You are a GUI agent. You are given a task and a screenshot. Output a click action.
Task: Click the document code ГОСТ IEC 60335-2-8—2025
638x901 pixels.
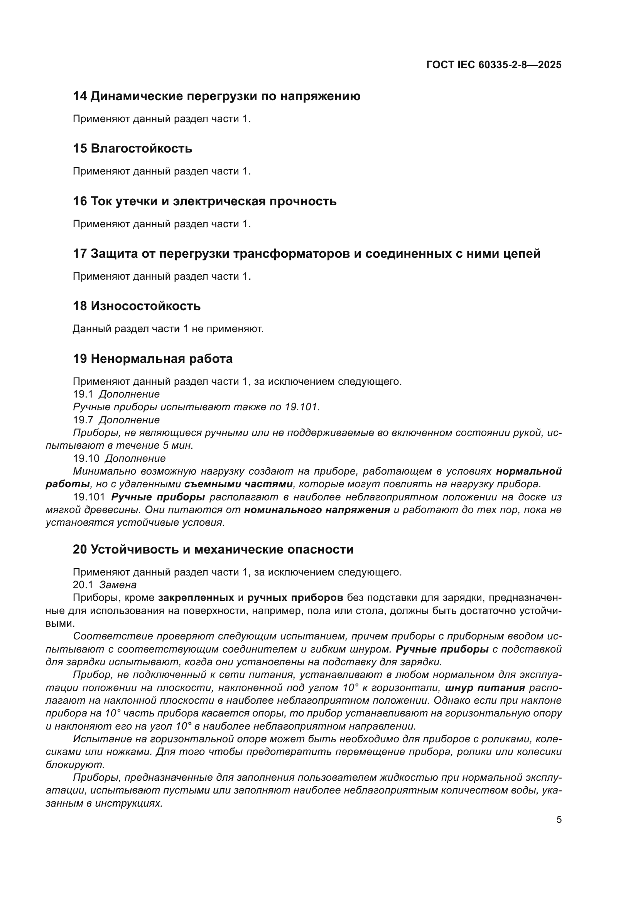pyautogui.click(x=494, y=65)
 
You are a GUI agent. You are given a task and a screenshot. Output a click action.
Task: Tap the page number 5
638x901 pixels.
pyautogui.click(x=559, y=820)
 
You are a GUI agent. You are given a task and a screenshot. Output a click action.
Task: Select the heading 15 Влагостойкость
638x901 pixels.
pyautogui.click(x=132, y=149)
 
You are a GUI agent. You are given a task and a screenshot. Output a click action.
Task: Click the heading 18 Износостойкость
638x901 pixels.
pyautogui.click(x=137, y=306)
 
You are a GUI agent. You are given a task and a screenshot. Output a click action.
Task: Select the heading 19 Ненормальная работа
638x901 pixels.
pyautogui.click(x=152, y=359)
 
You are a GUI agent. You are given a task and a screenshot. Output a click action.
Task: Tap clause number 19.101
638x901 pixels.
pyautogui.click(x=89, y=497)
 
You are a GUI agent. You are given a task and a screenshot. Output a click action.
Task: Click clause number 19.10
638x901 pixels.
pyautogui.click(x=86, y=458)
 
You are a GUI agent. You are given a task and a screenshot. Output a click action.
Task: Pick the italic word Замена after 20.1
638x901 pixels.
pyautogui.click(x=118, y=585)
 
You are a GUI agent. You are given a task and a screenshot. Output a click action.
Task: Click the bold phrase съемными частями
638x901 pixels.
pyautogui.click(x=238, y=484)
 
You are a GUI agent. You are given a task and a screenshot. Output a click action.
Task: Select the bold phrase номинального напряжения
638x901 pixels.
pyautogui.click(x=317, y=510)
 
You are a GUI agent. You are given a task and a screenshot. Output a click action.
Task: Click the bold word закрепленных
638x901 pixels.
pyautogui.click(x=196, y=598)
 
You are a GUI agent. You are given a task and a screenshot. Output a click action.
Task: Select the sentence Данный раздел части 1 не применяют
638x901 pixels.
pyautogui.click(x=168, y=329)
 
